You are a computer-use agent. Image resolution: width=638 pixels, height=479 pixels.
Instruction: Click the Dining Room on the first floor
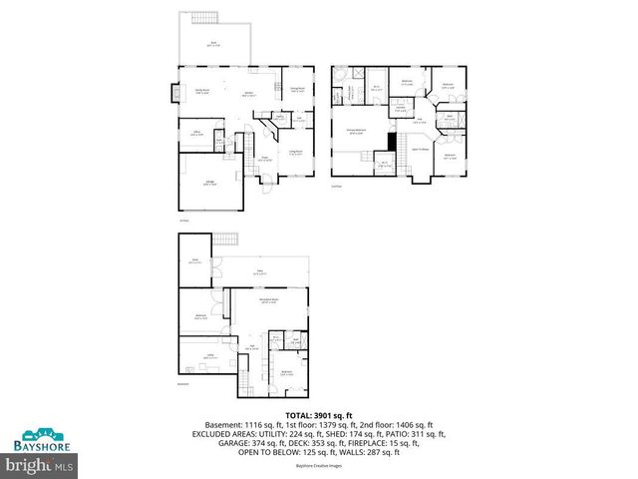coord(296,90)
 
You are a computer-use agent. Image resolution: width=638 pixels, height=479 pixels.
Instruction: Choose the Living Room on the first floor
coord(296,153)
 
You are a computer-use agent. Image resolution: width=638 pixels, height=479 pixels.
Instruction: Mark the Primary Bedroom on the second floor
coord(355,131)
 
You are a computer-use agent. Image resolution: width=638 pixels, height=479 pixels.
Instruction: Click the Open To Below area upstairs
coord(421,150)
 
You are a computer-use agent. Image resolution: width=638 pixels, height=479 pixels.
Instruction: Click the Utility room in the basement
coord(210,355)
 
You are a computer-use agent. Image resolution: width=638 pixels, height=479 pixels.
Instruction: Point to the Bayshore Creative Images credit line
coord(318,465)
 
